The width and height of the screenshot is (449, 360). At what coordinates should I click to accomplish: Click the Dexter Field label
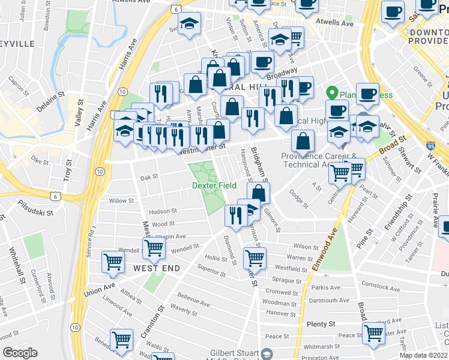pyautogui.click(x=214, y=186)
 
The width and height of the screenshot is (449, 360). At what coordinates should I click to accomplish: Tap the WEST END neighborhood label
pyautogui.click(x=156, y=268)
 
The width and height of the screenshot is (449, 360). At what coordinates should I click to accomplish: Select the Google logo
pyautogui.click(x=20, y=353)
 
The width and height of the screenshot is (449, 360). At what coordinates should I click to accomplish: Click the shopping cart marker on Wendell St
pyautogui.click(x=154, y=248)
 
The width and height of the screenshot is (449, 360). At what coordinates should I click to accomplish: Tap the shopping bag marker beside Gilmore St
pyautogui.click(x=258, y=193)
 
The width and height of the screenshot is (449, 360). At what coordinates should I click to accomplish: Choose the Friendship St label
pyautogui.click(x=397, y=213)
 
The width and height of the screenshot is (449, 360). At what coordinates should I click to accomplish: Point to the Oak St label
pyautogui.click(x=149, y=177)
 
